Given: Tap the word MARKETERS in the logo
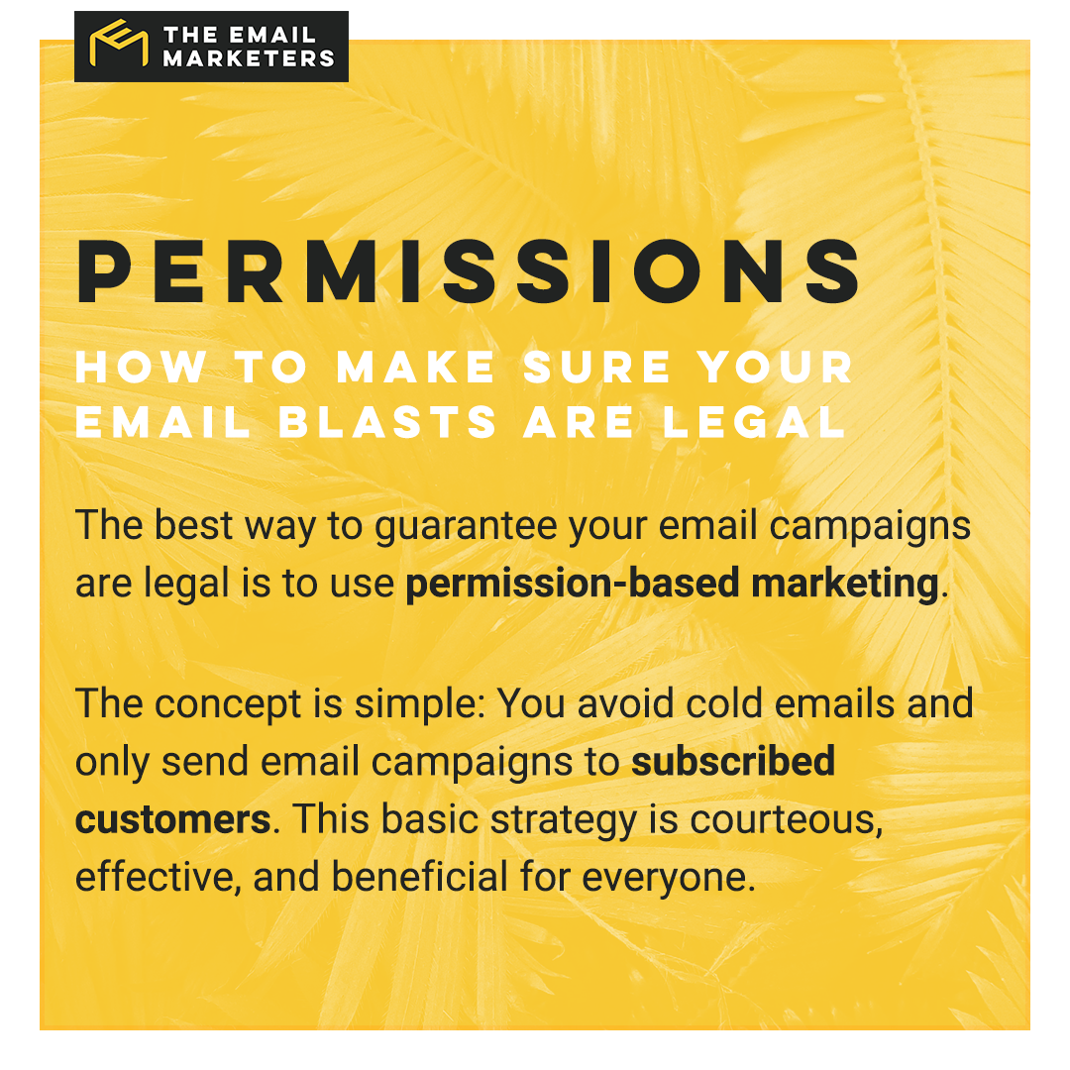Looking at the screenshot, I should pyautogui.click(x=249, y=58).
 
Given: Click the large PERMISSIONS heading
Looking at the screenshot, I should pyautogui.click(x=470, y=271).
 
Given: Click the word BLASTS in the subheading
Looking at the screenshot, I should pyautogui.click(x=388, y=423).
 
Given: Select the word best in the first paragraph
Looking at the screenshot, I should pyautogui.click(x=193, y=525).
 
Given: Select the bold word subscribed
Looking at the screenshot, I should pyautogui.click(x=733, y=762).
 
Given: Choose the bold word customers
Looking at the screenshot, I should pyautogui.click(x=173, y=819).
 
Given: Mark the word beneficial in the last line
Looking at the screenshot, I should pyautogui.click(x=418, y=878).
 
